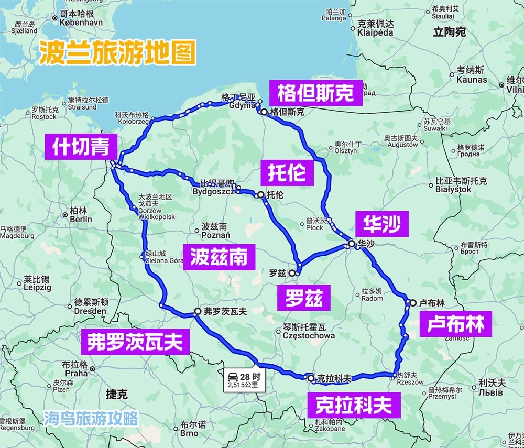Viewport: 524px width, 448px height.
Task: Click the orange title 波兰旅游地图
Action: pos(117,54)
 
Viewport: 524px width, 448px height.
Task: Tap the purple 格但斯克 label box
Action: pos(315,94)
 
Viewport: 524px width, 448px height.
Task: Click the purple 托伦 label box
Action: pos(287,172)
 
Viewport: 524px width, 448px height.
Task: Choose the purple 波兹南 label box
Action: pos(219,257)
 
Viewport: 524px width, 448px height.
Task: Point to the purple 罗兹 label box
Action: pos(304,298)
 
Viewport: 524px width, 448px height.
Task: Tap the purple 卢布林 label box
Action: pos(455,324)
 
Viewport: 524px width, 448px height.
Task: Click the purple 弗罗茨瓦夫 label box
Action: pos(135,342)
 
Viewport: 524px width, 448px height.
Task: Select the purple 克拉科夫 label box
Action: pos(353,406)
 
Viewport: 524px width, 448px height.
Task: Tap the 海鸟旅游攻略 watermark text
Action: pos(91,418)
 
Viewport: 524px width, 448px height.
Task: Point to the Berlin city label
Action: pos(81,219)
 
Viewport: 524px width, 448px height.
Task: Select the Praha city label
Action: pos(77,374)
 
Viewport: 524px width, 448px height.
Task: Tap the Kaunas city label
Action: pos(472,80)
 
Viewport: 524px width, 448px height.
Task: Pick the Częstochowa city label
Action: pos(309,335)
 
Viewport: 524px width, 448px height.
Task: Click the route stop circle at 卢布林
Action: pos(413,302)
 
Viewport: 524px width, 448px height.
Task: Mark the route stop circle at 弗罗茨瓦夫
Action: pos(198,311)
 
